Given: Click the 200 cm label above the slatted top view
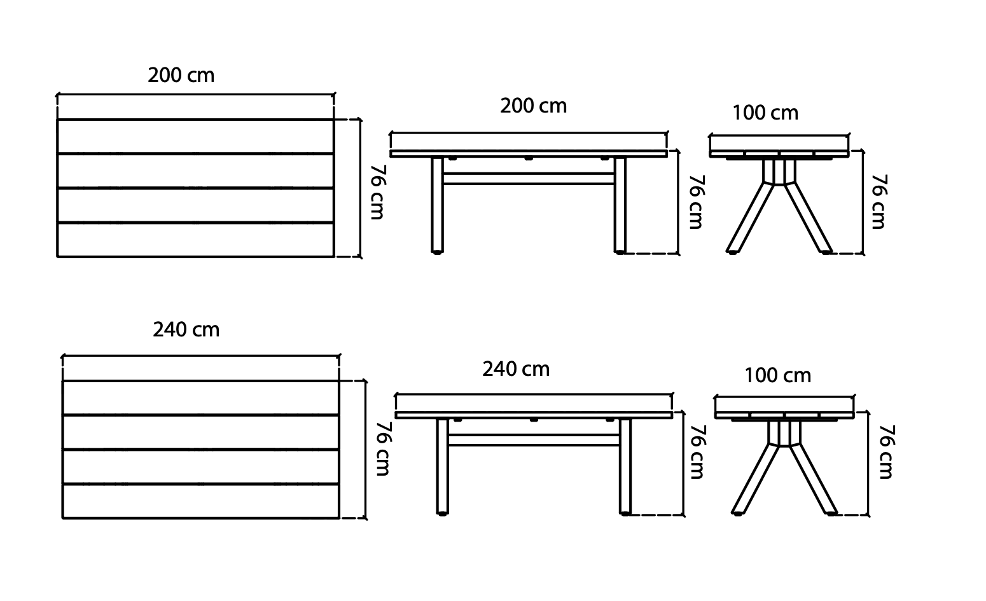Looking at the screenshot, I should coord(181,76).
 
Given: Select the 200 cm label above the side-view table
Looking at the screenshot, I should coord(533,106).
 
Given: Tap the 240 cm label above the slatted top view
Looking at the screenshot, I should coord(186,329).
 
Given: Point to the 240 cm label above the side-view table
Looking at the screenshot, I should coord(515,369).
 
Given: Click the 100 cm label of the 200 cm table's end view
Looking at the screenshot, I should coord(765,113).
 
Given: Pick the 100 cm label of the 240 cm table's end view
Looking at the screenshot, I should coord(777,376).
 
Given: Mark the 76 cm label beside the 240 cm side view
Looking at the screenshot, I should coord(697,452).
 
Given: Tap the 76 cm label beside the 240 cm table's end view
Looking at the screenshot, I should coord(886,452).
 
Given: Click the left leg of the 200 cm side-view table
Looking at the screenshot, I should coord(437,204).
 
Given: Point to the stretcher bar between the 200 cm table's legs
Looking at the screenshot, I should coord(528,179).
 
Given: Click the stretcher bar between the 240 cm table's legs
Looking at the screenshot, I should coord(533,439).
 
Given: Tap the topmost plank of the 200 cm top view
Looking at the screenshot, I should coord(195,136).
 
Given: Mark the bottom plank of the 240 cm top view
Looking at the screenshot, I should coord(200,502).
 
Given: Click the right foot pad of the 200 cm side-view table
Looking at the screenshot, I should coord(620,253).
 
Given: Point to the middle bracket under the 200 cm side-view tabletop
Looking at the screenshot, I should coord(528,158).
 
